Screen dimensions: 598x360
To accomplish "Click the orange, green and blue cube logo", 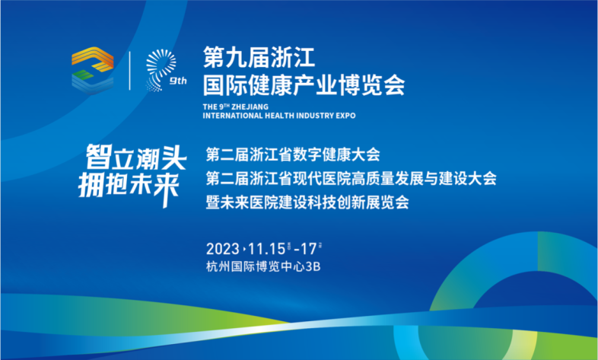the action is pos(93,71).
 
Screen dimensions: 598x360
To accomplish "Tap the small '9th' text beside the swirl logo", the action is pos(178,81).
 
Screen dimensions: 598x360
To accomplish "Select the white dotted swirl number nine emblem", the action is pos(161,70).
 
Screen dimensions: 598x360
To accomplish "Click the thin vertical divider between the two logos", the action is pos(129,71).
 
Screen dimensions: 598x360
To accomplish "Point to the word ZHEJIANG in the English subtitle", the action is pos(250,107).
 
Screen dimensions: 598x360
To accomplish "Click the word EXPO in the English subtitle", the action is pos(345,116).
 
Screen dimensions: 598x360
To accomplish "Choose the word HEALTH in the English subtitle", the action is pos(280,116).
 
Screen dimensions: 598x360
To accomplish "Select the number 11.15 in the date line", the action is pos(266,249).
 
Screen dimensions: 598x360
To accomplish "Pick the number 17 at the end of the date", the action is pos(309,249).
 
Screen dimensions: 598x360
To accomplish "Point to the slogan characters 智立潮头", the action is pos(136,157).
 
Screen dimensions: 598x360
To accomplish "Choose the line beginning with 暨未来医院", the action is pos(307,202).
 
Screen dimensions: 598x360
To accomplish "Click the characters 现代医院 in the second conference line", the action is pos(322,178).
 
